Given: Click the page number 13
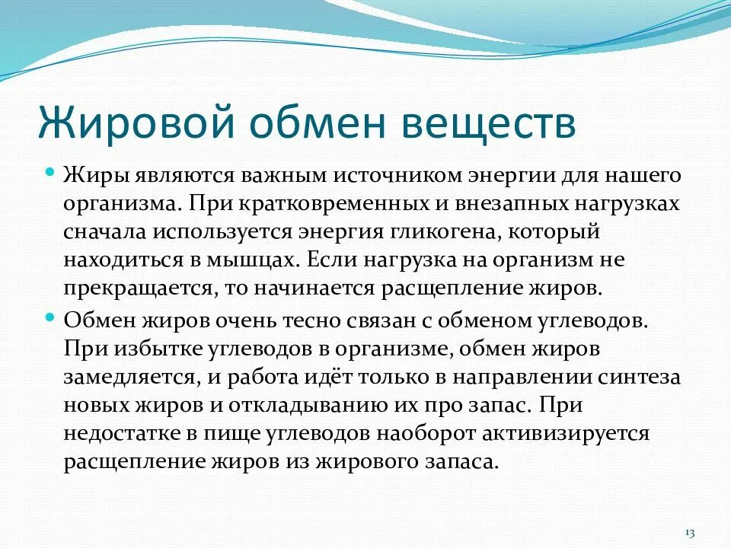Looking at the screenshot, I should [x=691, y=531].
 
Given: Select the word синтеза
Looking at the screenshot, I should [x=643, y=378].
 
